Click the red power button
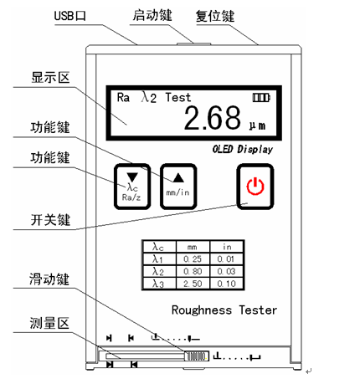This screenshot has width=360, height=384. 255,187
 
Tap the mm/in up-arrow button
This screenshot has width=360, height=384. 178,187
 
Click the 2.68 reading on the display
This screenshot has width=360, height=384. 213,118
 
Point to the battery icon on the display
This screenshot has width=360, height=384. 261,98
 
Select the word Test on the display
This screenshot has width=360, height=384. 178,97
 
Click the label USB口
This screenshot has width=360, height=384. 70,16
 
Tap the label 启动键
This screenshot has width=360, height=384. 152,15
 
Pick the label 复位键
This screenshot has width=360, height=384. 215,16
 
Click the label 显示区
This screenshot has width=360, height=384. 50,77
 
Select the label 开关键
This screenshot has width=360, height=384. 50,220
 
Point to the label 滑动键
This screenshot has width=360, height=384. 49,279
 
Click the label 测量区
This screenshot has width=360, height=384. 49,323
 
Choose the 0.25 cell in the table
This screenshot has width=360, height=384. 193,259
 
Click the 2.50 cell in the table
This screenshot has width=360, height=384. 193,284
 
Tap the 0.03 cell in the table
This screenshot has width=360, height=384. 227,271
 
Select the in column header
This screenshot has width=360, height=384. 227,247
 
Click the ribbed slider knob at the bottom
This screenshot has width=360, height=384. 196,356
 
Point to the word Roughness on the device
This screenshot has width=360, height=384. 202,310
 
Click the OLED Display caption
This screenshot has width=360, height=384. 243,149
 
